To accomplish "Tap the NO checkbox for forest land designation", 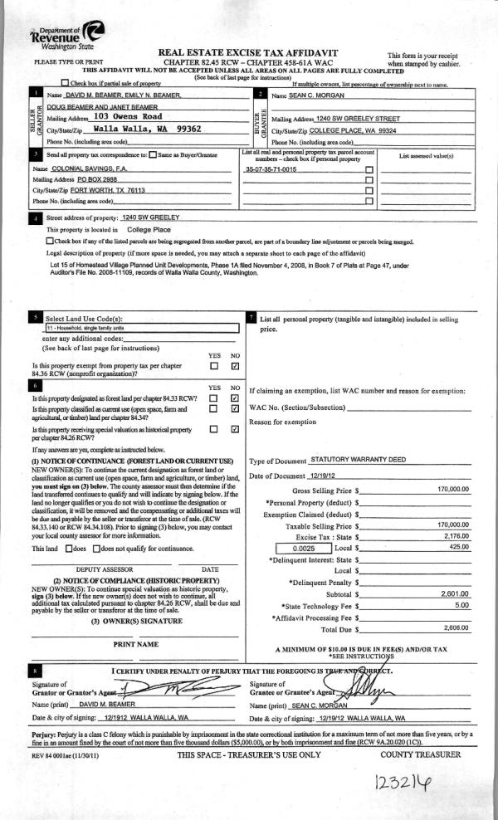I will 235,398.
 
